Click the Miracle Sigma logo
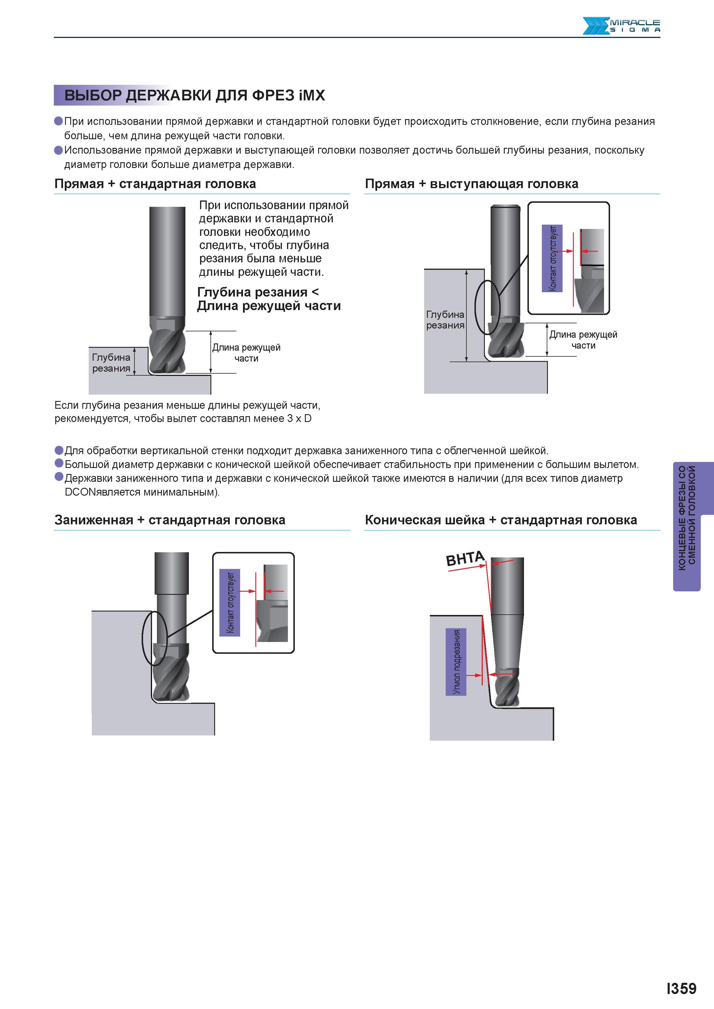(x=621, y=26)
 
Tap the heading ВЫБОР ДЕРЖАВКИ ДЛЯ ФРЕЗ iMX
(x=194, y=95)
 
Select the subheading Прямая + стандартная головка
(x=155, y=184)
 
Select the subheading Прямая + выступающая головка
(x=472, y=184)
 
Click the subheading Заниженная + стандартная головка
(x=170, y=520)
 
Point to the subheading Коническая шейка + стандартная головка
(x=501, y=520)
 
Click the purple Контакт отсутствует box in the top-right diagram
(x=552, y=258)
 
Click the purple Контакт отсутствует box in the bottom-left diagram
(x=230, y=603)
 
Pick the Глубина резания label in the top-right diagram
(x=445, y=320)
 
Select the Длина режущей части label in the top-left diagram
(x=246, y=353)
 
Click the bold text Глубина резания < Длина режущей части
(x=269, y=299)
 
